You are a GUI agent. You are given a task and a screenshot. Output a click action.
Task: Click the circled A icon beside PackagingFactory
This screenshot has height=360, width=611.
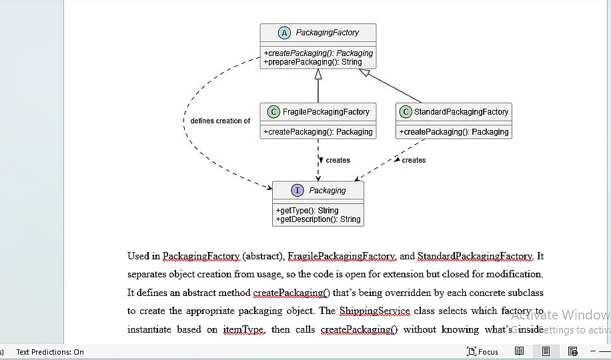click(284, 33)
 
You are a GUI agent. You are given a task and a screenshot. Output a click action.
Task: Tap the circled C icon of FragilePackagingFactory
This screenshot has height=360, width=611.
click(273, 112)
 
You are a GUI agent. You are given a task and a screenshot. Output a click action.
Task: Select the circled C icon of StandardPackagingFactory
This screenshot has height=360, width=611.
click(406, 112)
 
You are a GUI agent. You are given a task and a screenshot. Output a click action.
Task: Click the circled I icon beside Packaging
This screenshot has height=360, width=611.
click(297, 190)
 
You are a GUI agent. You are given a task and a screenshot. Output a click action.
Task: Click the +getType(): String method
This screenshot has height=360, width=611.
click(307, 211)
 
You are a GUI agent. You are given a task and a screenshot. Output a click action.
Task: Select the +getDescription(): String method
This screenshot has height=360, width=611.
click(318, 219)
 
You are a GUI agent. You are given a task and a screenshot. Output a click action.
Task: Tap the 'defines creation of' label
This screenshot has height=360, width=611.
click(220, 121)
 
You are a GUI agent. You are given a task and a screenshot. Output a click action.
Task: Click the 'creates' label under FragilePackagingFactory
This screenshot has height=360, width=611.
click(338, 160)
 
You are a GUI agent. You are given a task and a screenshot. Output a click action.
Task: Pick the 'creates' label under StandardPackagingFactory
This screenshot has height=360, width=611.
click(414, 160)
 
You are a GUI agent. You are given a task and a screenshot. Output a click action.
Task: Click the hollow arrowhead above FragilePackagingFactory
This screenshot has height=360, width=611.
click(318, 74)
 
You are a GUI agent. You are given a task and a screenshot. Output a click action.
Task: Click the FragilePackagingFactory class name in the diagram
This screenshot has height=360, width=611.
click(326, 112)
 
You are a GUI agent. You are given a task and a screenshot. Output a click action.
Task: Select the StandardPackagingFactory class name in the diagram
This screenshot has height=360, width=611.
click(461, 112)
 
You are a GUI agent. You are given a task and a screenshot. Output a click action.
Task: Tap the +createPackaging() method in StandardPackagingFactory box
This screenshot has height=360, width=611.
click(454, 132)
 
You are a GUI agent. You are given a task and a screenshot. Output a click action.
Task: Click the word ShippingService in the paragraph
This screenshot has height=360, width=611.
click(374, 311)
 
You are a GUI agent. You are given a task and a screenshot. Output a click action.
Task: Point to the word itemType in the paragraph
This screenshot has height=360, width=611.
click(244, 329)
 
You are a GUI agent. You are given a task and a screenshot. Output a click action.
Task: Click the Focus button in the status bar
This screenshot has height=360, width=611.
click(482, 352)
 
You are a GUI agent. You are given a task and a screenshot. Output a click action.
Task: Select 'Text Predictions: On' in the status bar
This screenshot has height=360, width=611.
click(50, 352)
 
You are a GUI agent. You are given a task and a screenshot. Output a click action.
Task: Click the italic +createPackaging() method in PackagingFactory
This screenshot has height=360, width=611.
click(318, 53)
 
